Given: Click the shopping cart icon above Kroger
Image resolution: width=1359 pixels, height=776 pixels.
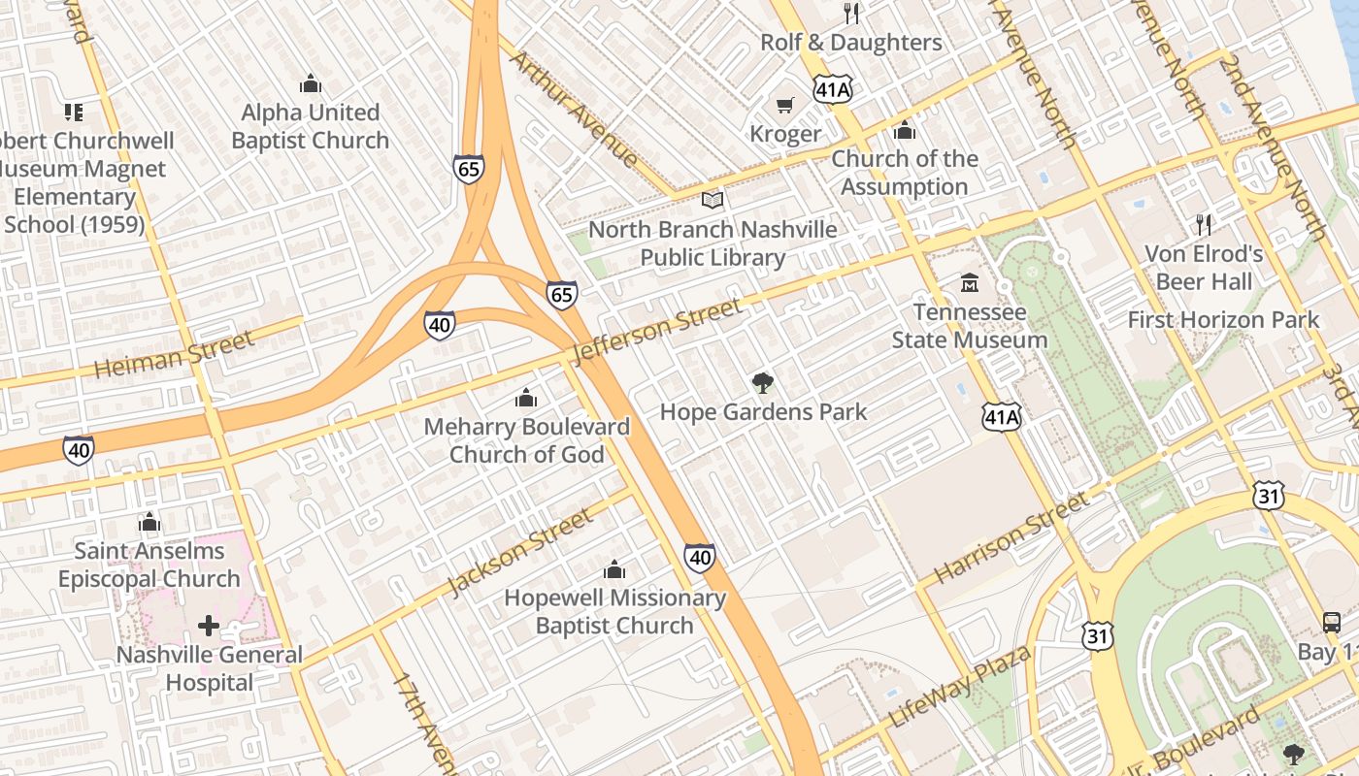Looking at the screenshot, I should coord(784,105).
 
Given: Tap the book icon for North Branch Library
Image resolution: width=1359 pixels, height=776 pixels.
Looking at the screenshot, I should coord(713,201).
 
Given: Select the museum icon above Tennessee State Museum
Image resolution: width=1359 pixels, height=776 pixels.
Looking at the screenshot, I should coord(969,283).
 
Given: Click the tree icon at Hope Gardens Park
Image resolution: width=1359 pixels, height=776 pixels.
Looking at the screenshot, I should coord(763,382).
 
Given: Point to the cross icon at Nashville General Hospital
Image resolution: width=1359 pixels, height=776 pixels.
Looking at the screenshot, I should coord(209,626).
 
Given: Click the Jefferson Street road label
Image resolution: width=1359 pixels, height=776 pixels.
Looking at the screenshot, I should coord(657,332).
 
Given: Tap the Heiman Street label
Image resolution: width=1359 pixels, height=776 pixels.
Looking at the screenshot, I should coord(175,354).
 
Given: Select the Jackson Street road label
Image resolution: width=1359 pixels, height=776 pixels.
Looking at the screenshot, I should coord(519,552).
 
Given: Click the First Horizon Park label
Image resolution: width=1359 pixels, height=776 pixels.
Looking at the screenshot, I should coord(1223,319).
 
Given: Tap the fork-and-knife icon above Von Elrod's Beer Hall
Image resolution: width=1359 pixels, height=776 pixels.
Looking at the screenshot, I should coord(1204,225).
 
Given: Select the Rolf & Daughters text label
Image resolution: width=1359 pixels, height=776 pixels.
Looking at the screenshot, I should coord(850,43).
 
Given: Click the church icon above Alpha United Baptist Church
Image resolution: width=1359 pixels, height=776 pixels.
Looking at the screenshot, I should coord(311,84).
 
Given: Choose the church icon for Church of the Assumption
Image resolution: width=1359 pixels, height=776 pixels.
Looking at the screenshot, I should coord(904,130).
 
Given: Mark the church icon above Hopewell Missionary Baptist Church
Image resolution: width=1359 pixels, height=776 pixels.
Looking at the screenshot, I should coord(614,569).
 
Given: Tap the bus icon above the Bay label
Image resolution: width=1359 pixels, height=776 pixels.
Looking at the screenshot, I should coord(1332,623).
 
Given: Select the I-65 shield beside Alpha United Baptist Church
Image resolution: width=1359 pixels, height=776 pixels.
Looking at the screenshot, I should coord(468,170).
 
